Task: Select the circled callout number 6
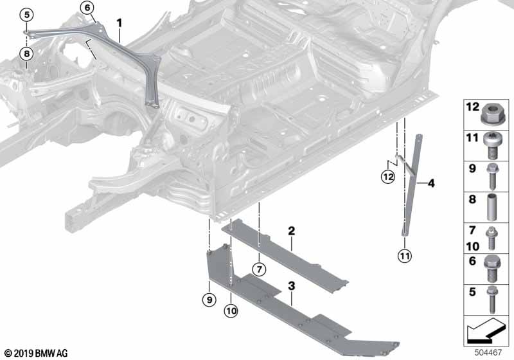[87, 8]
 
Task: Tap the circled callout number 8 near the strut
[26, 54]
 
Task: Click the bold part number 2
[291, 230]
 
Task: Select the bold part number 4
[430, 184]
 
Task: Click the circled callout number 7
[258, 268]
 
